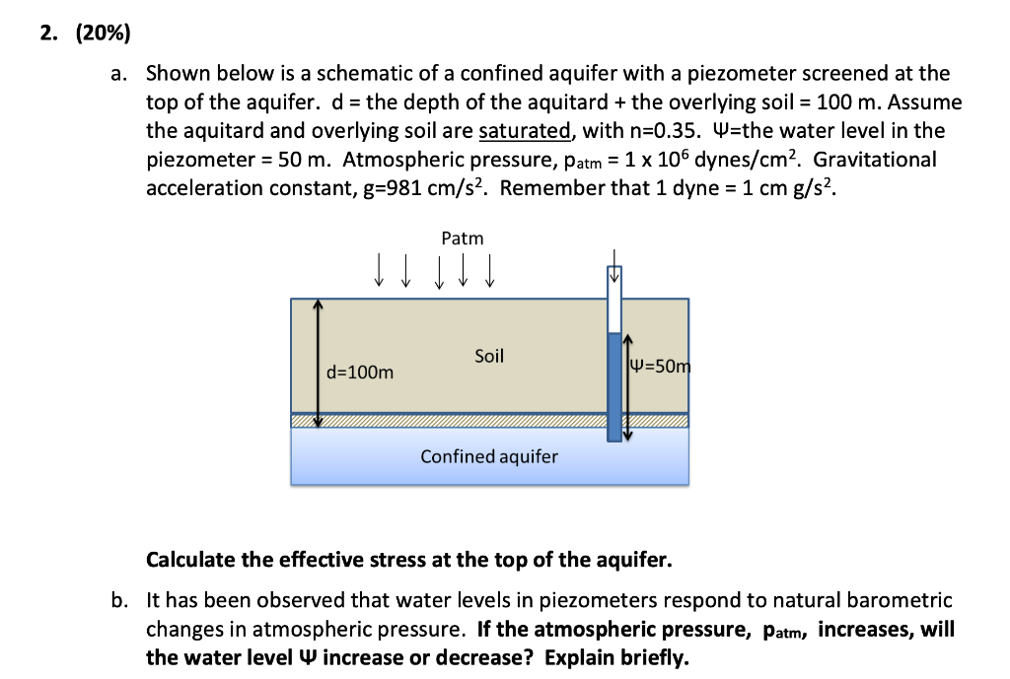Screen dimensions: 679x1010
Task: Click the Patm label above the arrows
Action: pos(463,238)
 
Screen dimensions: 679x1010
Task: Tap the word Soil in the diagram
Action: pos(489,356)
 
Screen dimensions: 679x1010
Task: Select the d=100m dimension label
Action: pos(360,373)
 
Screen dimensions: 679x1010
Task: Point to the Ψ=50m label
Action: pos(660,367)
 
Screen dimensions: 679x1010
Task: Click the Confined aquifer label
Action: pos(489,456)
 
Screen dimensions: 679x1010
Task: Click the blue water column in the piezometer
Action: pos(614,385)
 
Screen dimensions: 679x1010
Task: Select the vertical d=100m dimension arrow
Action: pos(318,364)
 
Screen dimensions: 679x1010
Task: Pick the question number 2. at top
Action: pos(48,34)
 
